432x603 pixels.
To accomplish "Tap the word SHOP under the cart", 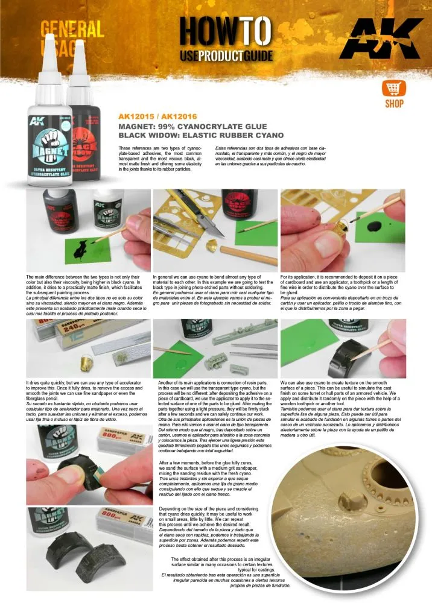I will point(393,104).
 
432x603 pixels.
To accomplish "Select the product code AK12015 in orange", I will point(135,118).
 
